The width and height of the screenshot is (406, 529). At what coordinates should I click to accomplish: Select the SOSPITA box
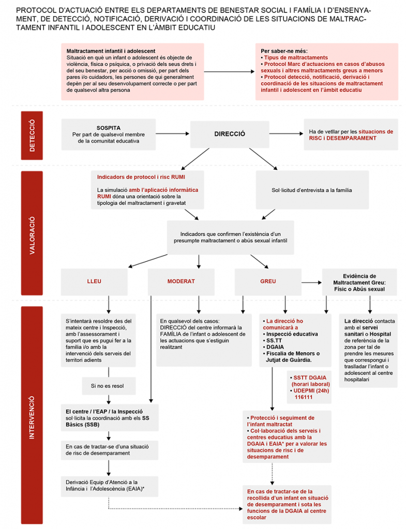coord(109,134)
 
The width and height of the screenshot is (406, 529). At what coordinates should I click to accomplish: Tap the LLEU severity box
coord(94,282)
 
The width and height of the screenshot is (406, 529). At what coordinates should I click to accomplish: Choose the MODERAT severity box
coord(181,282)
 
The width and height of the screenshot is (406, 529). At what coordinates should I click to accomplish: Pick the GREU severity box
coord(268,282)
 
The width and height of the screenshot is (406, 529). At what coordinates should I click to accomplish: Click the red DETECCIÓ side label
coord(32,135)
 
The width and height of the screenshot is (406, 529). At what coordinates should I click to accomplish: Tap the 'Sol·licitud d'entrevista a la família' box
coord(312,190)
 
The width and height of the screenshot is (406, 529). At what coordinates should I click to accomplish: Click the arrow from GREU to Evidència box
coord(311,282)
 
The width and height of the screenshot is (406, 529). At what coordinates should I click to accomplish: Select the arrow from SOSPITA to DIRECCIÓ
coord(173,134)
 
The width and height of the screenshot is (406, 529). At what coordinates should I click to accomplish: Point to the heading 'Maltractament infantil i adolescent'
coord(111,51)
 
